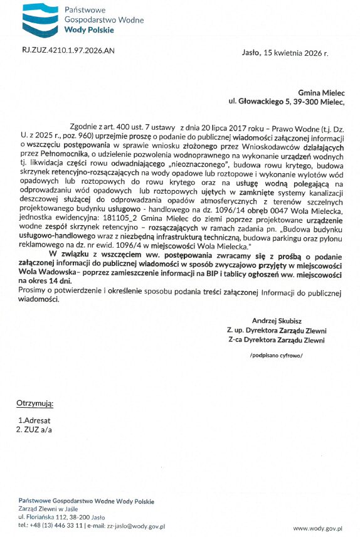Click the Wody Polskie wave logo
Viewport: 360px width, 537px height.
click(x=40, y=21)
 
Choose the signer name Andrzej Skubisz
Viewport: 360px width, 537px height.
click(x=277, y=321)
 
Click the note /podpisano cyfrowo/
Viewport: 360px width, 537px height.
click(x=277, y=355)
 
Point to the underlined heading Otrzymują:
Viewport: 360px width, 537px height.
click(x=34, y=403)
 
